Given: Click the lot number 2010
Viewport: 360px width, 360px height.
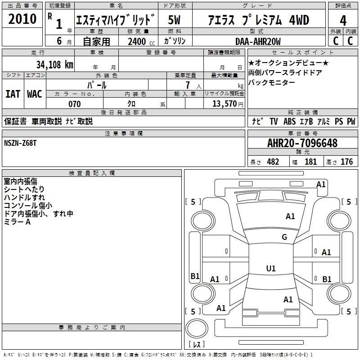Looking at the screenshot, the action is tap(22, 19).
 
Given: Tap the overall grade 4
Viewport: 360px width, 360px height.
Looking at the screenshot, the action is tap(343, 21).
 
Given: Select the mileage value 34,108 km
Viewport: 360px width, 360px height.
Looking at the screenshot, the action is tap(55, 65).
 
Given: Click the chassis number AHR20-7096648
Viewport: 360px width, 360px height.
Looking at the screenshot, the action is tap(302, 143).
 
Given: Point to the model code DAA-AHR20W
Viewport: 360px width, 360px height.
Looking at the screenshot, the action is tap(258, 41).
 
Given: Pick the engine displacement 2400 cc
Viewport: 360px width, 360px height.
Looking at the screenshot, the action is tap(141, 42).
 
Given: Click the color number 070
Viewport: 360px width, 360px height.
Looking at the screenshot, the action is tap(75, 104).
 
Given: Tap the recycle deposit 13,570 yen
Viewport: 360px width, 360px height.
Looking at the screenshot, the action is tap(228, 104).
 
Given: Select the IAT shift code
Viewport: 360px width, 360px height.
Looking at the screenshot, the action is tap(13, 94).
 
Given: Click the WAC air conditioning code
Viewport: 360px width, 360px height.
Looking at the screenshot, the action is tap(35, 94).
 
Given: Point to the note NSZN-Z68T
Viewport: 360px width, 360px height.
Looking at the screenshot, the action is tap(20, 143).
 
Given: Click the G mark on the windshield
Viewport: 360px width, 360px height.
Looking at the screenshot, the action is tap(284, 237).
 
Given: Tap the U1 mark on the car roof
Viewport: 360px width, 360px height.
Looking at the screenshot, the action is tap(271, 268).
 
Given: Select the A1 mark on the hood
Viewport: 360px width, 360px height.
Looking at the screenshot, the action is tap(290, 216).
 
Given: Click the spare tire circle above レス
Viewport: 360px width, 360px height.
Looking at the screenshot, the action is tap(197, 328).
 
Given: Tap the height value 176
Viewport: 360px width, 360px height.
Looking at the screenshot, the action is tap(346, 162).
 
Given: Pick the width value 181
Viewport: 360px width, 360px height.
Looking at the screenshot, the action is tap(310, 162).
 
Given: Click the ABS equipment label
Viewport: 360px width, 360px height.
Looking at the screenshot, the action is tap(289, 121).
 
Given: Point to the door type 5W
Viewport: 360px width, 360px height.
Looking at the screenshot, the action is tap(174, 20).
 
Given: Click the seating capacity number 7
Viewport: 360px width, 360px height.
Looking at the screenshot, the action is tap(188, 85).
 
